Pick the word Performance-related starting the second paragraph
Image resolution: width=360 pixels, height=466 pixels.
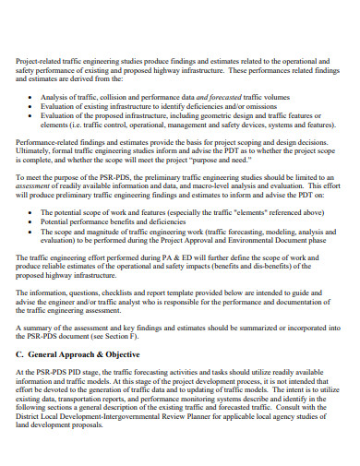pyautogui.click(x=51, y=141)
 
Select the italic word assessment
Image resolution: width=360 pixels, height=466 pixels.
pyautogui.click(x=39, y=186)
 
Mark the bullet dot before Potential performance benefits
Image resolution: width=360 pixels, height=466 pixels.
pyautogui.click(x=32, y=222)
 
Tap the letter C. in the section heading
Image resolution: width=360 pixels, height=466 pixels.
pyautogui.click(x=20, y=354)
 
